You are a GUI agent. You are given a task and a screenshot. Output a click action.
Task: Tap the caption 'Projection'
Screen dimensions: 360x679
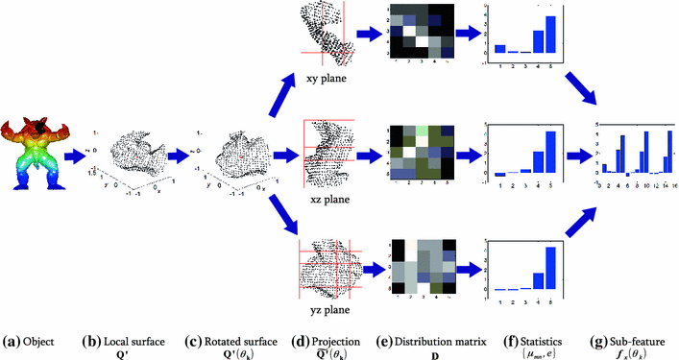(333, 340)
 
